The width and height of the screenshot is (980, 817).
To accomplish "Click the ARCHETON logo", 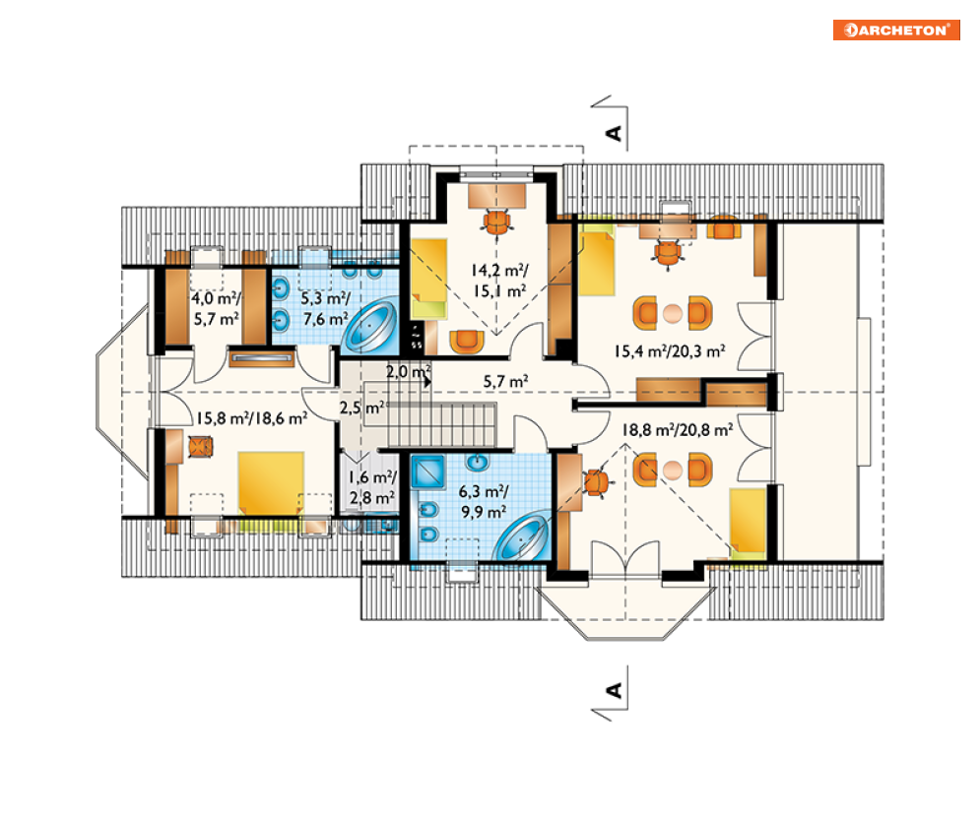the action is pyautogui.click(x=896, y=30).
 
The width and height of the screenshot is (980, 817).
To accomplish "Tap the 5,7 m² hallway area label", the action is pyautogui.click(x=505, y=381).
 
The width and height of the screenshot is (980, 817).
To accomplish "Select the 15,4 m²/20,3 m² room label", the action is pyautogui.click(x=670, y=351).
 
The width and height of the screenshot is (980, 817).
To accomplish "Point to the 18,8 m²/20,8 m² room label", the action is pyautogui.click(x=678, y=430).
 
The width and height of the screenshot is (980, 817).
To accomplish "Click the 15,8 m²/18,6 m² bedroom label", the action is pyautogui.click(x=252, y=418).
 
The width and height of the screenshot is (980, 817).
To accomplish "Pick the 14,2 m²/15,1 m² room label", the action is pyautogui.click(x=499, y=281).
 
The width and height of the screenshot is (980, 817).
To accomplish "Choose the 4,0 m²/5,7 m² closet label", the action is pyautogui.click(x=216, y=308).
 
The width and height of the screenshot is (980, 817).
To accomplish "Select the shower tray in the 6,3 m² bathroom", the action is pyautogui.click(x=427, y=471).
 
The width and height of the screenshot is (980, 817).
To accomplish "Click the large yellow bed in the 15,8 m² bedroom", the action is pyautogui.click(x=271, y=483).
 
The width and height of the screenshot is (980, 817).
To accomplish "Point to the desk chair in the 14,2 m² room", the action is pyautogui.click(x=496, y=222).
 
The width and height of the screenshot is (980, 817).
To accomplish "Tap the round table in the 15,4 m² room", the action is pyautogui.click(x=673, y=313).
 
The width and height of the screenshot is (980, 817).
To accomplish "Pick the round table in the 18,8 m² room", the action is pyautogui.click(x=673, y=471).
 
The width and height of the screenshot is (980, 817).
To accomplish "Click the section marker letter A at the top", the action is pyautogui.click(x=615, y=133).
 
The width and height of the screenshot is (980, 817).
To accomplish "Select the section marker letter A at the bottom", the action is pyautogui.click(x=615, y=690).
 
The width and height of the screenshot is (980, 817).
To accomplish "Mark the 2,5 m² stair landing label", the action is pyautogui.click(x=362, y=408).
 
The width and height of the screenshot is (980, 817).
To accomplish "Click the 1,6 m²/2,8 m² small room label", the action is pyautogui.click(x=372, y=487).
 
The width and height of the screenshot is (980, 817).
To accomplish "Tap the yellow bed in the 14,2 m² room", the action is pyautogui.click(x=428, y=279).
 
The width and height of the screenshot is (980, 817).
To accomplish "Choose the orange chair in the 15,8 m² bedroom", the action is pyautogui.click(x=201, y=447).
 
